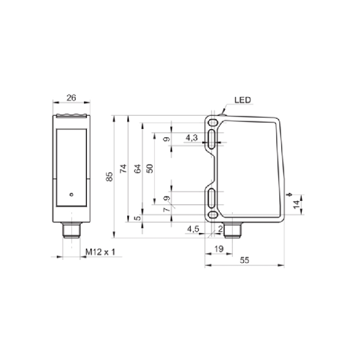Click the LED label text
pyautogui.click(x=243, y=100)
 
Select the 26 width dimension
pyautogui.click(x=71, y=98)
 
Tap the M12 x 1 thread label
pyautogui.click(x=100, y=252)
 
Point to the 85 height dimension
pyautogui.click(x=110, y=177)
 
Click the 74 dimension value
pyautogui.click(x=123, y=168)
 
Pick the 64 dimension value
pyautogui.click(x=138, y=169)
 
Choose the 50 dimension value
pyautogui.click(x=150, y=168)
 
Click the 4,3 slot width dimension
pyautogui.click(x=192, y=138)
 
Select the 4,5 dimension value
pyautogui.click(x=193, y=229)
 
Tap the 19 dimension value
pyautogui.click(x=219, y=249)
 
